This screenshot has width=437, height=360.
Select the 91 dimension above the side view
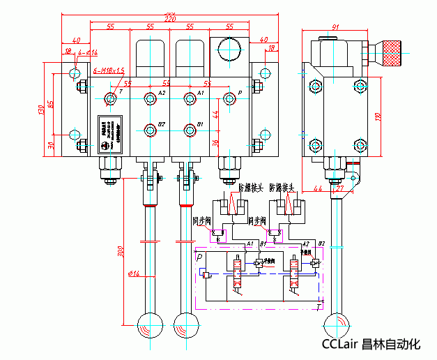(x=335, y=27)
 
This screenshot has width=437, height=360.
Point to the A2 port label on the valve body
(x=162, y=93)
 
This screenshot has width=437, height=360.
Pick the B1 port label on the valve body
(x=200, y=125)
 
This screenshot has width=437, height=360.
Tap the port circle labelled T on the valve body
(x=109, y=98)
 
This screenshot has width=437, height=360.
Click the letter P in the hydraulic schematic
(x=201, y=257)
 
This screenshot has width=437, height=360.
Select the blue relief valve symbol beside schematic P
(x=207, y=275)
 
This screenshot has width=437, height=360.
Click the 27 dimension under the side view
(x=339, y=188)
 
